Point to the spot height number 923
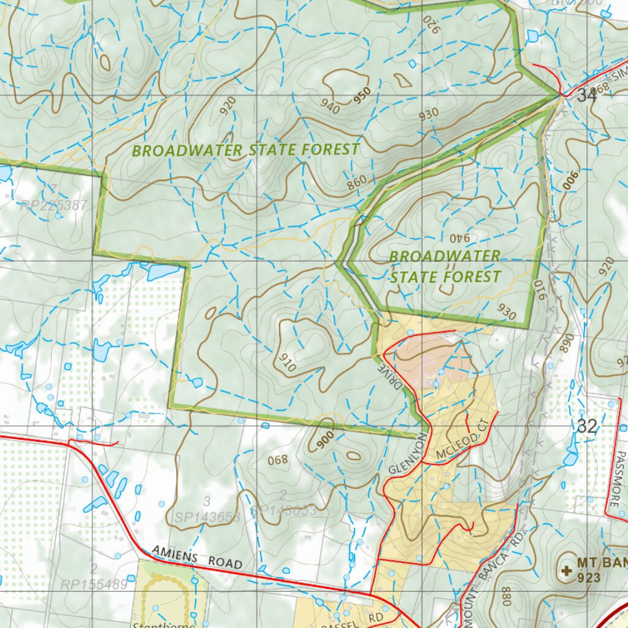589,577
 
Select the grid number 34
586,95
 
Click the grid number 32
587,426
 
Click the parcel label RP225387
53,205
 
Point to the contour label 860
356,181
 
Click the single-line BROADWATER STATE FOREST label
245,150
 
